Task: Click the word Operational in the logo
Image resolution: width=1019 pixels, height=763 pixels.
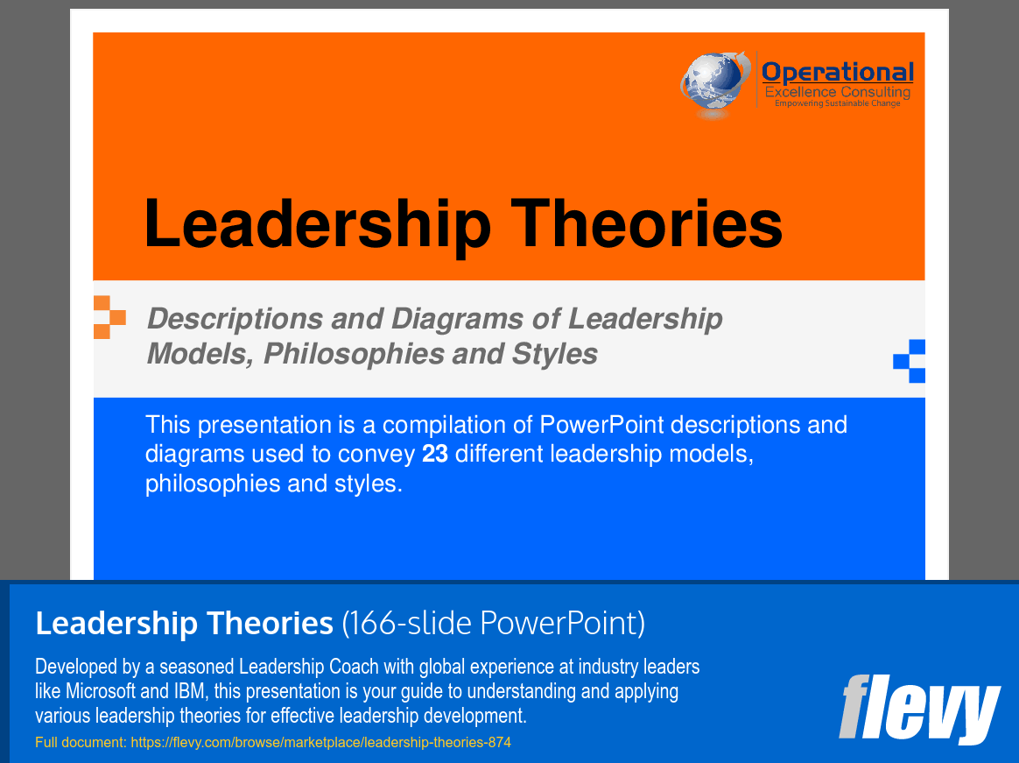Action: (x=838, y=72)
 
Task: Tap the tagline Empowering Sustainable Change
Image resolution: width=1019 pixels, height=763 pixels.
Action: (x=837, y=103)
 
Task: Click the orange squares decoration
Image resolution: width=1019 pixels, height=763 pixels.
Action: (x=109, y=317)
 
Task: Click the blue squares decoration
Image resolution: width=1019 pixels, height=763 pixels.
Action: (x=910, y=361)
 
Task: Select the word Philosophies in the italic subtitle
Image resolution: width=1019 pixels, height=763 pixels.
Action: (x=354, y=354)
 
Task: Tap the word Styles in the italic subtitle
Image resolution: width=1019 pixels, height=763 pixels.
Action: (x=555, y=354)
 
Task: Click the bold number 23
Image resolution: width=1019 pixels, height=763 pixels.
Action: (x=435, y=454)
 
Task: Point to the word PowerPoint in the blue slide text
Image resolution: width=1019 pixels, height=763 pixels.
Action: (x=601, y=425)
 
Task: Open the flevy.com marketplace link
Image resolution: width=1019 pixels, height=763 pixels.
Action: (x=321, y=742)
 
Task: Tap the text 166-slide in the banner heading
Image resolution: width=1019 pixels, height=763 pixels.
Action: (x=410, y=623)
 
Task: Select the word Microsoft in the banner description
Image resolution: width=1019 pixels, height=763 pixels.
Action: (x=101, y=691)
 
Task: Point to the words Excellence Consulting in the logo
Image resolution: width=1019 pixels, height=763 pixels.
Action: (x=838, y=92)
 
